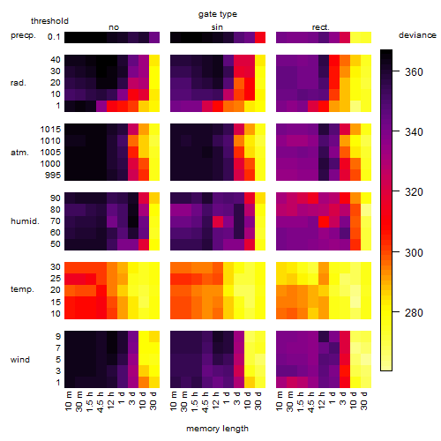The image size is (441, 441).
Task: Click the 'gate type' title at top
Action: (x=218, y=14)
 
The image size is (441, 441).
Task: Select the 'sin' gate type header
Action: (x=217, y=27)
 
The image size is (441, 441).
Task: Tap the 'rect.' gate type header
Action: (x=320, y=27)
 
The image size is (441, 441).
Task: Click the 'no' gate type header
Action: (x=114, y=27)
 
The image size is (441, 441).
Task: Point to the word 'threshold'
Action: (x=49, y=21)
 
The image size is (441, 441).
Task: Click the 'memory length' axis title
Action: (x=217, y=429)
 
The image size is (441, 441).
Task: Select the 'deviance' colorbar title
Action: (x=417, y=35)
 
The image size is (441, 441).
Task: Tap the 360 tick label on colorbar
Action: (x=414, y=71)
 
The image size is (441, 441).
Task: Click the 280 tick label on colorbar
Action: (x=414, y=312)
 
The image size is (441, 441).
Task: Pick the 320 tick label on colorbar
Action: (x=414, y=191)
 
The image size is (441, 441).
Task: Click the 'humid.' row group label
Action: (x=25, y=220)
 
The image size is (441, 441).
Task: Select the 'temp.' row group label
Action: (x=22, y=289)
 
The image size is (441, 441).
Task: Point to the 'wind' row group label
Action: (x=20, y=360)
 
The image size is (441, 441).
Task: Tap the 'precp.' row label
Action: (x=23, y=35)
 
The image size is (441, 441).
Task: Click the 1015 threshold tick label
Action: (x=50, y=129)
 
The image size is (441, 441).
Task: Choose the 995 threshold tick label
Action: (x=53, y=175)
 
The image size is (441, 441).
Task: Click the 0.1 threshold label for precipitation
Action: (x=54, y=37)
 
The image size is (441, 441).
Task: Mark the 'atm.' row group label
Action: (x=19, y=153)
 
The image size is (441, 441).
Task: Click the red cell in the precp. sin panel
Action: (x=260, y=37)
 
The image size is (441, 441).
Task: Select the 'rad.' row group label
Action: (x=19, y=83)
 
